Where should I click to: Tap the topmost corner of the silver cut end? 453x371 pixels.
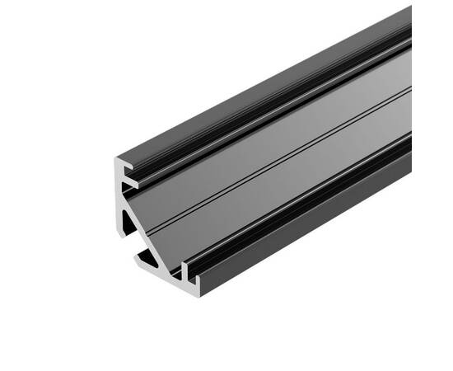pyautogui.click(x=115, y=157)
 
